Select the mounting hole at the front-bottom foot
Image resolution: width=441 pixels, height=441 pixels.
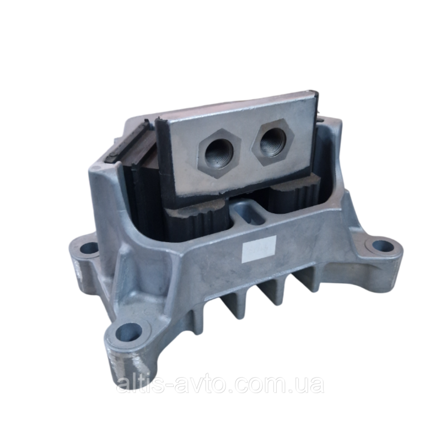[x=130, y=333]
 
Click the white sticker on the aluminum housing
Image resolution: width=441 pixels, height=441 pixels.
[x=259, y=249]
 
